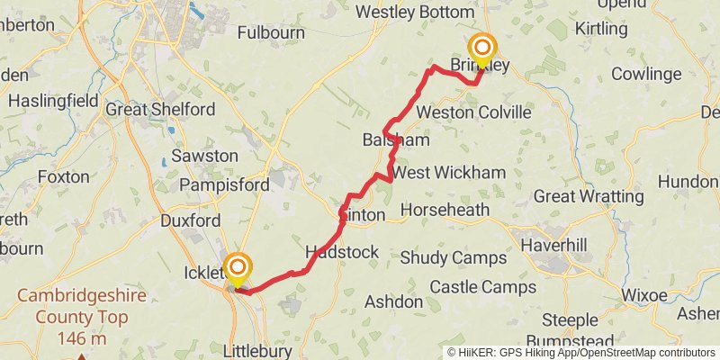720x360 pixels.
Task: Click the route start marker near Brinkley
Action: (482, 49)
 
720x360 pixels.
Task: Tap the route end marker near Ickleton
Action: (238, 268)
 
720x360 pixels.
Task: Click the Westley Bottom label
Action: (415, 12)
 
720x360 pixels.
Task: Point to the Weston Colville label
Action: (469, 112)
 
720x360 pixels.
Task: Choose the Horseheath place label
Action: (445, 210)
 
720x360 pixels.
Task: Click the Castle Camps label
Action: (482, 287)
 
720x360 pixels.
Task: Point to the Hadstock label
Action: (342, 252)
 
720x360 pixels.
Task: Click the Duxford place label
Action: (190, 220)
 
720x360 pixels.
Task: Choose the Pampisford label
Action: (224, 185)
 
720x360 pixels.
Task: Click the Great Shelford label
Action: (160, 109)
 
